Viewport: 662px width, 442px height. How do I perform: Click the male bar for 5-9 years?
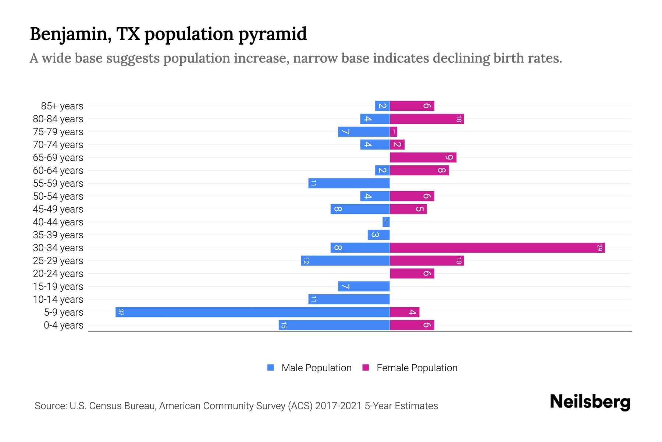253,312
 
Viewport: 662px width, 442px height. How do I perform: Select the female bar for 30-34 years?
497,248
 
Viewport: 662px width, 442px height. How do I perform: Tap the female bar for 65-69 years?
423,158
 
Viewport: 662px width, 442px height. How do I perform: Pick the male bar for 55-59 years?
349,183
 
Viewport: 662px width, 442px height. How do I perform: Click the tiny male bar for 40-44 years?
386,222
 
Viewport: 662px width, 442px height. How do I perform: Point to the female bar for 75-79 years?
394,132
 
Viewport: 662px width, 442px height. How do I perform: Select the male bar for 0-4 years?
334,325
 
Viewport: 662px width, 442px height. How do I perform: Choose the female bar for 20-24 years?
412,274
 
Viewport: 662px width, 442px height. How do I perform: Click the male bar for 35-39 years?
378,235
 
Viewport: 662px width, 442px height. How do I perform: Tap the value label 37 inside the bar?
121,312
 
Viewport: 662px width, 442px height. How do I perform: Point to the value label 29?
599,248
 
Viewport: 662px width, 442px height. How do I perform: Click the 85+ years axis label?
62,106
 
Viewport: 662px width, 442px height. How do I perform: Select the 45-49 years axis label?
58,209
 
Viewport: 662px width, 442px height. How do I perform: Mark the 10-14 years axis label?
58,299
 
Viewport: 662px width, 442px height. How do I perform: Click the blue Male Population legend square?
271,368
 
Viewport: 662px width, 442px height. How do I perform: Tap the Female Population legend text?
417,368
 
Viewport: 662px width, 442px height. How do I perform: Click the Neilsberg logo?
590,402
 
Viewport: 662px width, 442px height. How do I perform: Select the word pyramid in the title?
272,34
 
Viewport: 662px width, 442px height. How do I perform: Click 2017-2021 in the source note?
338,406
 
